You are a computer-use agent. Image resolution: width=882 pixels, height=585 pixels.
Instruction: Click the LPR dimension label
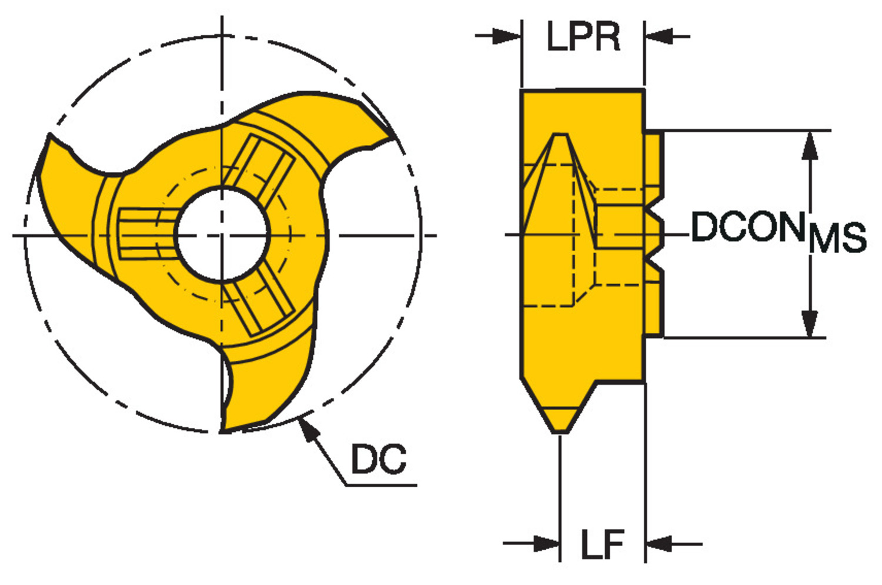(583, 36)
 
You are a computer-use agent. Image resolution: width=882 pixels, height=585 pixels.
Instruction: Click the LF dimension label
(603, 544)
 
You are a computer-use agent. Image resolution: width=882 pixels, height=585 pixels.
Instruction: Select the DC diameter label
(378, 459)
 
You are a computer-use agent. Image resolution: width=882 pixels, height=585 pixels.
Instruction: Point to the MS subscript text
(837, 238)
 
